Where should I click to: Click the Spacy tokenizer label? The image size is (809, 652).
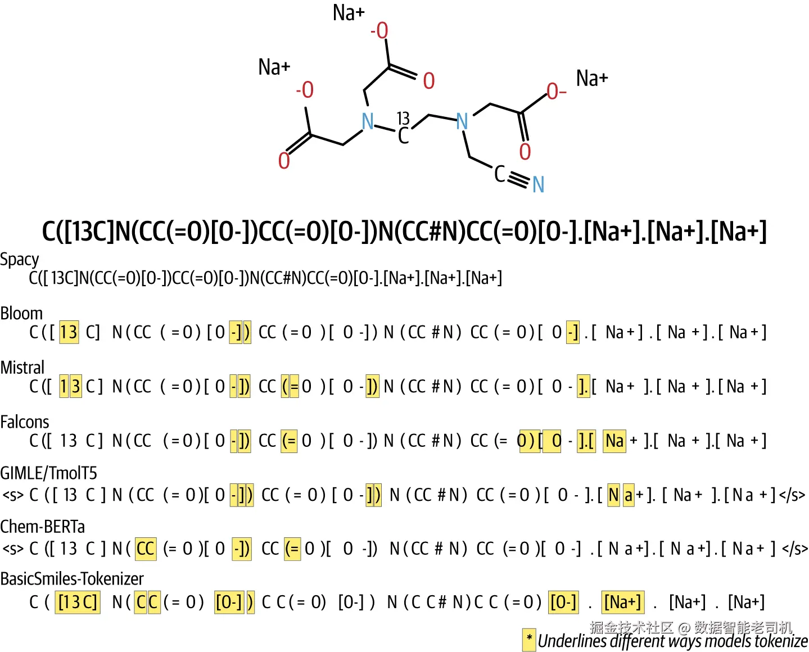(20, 260)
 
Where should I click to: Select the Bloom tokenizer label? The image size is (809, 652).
(21, 314)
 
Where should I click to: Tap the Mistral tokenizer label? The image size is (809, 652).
(22, 368)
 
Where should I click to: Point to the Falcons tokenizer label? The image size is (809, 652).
(24, 422)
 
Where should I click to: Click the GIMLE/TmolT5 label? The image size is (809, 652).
(48, 473)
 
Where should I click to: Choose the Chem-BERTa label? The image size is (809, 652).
(43, 527)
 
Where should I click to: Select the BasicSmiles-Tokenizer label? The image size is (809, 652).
(72, 579)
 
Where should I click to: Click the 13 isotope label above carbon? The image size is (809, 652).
(403, 119)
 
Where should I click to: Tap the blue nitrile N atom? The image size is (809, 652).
(539, 184)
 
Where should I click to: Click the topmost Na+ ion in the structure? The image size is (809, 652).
(349, 13)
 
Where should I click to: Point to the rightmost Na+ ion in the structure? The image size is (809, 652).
(592, 79)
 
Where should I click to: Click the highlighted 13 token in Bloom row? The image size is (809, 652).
(69, 332)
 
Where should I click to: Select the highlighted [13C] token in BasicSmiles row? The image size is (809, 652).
(78, 603)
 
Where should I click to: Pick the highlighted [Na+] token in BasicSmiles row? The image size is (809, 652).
(623, 603)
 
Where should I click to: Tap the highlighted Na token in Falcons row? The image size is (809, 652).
(614, 441)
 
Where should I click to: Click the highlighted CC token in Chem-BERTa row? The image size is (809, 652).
(146, 549)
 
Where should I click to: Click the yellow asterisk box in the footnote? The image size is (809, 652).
(530, 640)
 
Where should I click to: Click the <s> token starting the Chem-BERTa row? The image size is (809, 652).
(13, 549)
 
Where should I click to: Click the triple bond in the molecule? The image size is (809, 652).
(519, 179)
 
